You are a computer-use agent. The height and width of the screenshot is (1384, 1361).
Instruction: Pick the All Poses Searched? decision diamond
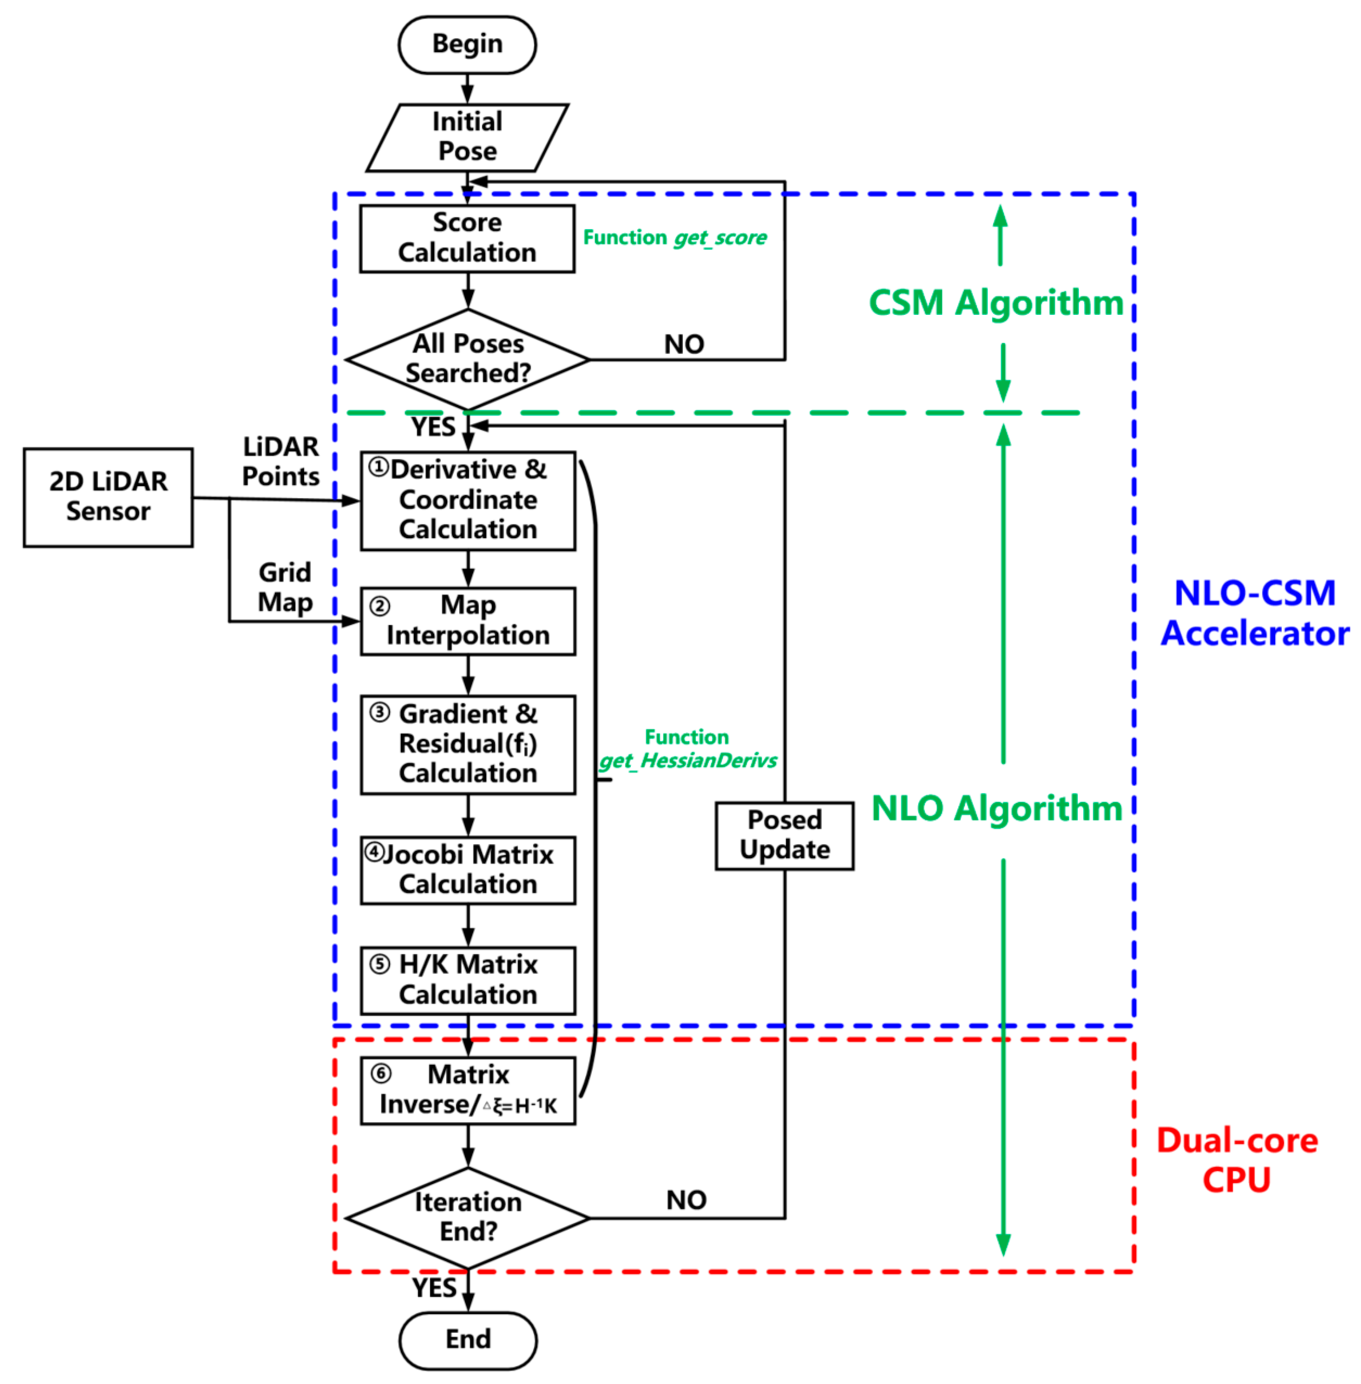pos(467,359)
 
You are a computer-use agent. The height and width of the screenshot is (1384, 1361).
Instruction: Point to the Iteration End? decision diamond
pos(467,1218)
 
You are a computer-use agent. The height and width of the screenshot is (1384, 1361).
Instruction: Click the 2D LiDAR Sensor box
pos(108,497)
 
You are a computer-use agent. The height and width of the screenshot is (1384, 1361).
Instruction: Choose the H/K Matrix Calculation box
pos(467,980)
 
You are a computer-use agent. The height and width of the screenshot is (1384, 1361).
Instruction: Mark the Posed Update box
pos(784,835)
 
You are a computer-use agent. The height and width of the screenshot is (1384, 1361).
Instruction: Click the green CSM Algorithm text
pos(996,303)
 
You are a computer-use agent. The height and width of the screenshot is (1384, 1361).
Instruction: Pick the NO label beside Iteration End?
pos(686,1200)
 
